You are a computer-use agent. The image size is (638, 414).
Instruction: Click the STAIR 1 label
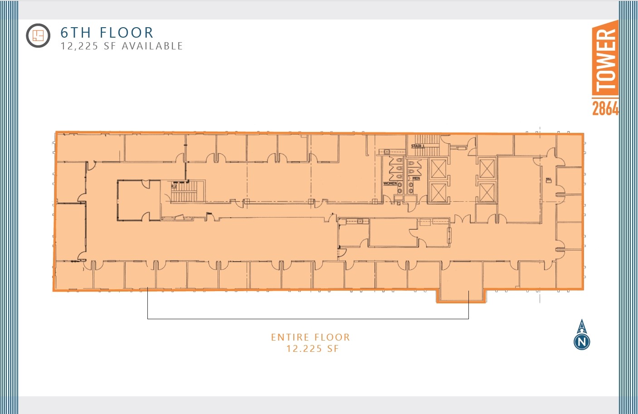point(417,146)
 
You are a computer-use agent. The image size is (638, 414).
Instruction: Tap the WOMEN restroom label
point(390,184)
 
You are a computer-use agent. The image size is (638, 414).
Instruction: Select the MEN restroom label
point(416,179)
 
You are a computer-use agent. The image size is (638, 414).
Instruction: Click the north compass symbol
point(582,336)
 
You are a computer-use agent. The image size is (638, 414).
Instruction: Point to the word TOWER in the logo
point(605,59)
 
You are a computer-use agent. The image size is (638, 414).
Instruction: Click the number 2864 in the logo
point(605,108)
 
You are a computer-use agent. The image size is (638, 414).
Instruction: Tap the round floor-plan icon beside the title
point(38,35)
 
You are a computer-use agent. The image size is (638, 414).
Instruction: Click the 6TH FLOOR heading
point(107,33)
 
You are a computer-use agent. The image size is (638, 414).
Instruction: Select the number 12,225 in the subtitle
point(79,46)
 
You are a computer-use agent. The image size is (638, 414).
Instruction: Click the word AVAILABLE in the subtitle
point(152,46)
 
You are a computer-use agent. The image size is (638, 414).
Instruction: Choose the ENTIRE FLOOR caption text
point(311,337)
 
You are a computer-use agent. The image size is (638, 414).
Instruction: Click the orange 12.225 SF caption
point(312,349)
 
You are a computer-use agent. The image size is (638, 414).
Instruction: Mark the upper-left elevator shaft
point(438,169)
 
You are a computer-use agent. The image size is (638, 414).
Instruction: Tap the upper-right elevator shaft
point(486,169)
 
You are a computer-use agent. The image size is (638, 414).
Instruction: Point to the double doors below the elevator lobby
point(461,219)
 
